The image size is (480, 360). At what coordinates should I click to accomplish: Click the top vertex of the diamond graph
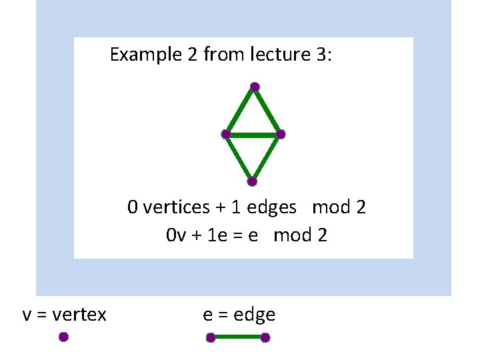[255, 87]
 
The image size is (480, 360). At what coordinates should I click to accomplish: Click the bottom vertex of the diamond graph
[252, 181]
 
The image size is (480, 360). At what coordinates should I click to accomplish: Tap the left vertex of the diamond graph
[226, 135]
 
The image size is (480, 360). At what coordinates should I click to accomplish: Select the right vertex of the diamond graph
[281, 135]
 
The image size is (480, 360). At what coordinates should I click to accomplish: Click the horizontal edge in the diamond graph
[253, 135]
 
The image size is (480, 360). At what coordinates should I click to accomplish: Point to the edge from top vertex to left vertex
[240, 111]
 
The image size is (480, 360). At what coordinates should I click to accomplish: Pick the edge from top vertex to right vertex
[268, 111]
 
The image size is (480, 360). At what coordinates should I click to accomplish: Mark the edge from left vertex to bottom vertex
[239, 158]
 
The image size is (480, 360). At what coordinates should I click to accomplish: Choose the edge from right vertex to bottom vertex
[267, 158]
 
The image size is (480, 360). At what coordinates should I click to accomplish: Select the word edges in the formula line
[271, 207]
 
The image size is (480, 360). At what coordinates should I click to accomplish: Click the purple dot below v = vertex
[63, 337]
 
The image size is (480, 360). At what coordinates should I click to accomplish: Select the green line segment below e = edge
[238, 338]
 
